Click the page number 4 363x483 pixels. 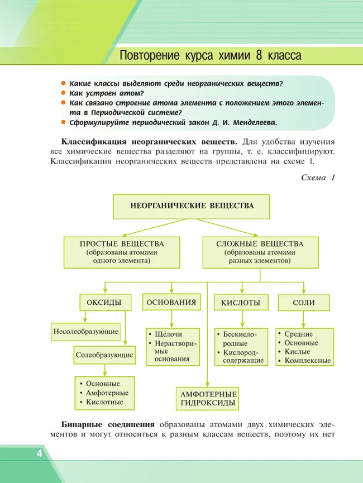tap(39, 452)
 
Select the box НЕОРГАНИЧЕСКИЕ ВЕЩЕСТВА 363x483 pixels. tap(192, 206)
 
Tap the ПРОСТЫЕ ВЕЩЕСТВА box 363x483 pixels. tap(121, 252)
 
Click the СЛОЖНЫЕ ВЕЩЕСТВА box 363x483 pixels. tap(260, 252)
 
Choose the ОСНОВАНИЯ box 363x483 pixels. tap(171, 303)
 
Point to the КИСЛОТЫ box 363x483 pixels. tap(240, 303)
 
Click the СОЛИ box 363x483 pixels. tap(303, 303)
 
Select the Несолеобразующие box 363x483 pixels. tap(85, 331)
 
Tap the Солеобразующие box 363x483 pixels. tap(104, 355)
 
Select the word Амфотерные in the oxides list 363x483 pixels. tap(107, 393)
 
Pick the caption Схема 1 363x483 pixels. tap(317, 178)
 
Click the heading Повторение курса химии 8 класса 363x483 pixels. tap(211, 56)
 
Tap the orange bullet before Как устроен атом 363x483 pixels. tap(64, 93)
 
